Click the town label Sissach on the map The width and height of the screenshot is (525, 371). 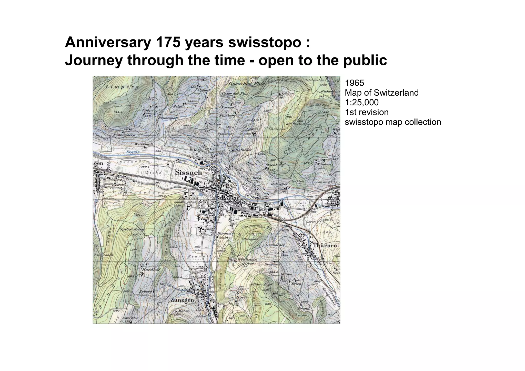coord(188,173)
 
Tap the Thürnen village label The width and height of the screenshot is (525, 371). coord(325,245)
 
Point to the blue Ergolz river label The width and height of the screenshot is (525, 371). coord(133,152)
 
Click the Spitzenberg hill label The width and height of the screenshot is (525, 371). coord(132,229)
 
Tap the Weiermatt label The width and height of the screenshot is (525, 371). coord(144,144)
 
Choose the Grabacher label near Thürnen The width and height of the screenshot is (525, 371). coord(275,245)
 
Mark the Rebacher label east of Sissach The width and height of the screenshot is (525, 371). coord(279,184)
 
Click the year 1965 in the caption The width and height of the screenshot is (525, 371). coord(355,83)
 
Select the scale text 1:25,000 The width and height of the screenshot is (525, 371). coord(362,102)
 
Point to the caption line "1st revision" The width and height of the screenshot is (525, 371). coord(367,112)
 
